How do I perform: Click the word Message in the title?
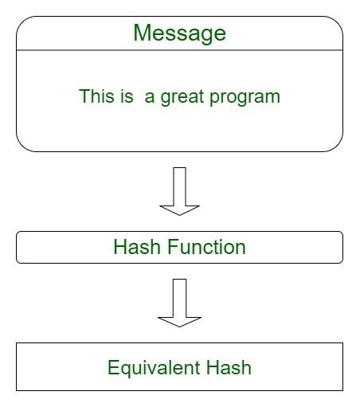coord(179,33)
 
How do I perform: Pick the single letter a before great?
coord(150,97)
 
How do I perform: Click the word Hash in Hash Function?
coord(137,247)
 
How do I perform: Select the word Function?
coord(206,247)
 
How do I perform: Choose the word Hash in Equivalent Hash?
coord(227,367)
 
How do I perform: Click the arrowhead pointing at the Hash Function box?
coord(179,209)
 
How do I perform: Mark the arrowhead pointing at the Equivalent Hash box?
coord(179,320)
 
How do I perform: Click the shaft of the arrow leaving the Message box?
coord(179,185)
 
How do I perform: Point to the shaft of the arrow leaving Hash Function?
coord(179,296)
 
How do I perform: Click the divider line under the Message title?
coord(179,50)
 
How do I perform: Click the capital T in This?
coord(84,96)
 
